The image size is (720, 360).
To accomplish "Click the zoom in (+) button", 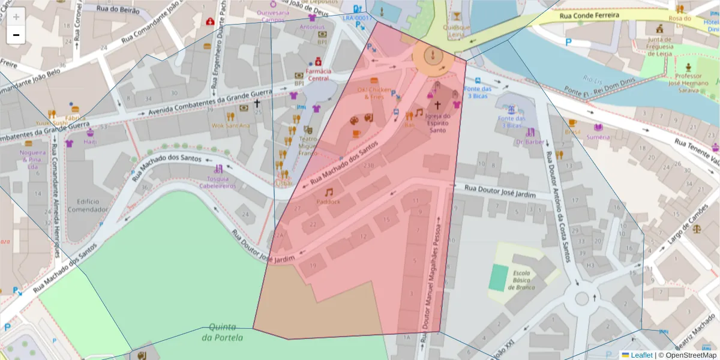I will (16, 17).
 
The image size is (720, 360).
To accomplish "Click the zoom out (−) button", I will (16, 35).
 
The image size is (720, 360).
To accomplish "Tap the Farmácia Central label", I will (318, 74).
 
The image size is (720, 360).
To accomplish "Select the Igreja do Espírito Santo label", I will (437, 123).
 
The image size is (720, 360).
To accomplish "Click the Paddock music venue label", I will (328, 201).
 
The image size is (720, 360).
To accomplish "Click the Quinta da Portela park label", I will (223, 332).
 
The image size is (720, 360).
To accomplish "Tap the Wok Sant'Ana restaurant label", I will (230, 125).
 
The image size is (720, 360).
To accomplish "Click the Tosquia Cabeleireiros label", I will (218, 182).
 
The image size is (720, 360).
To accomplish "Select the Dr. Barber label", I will (530, 142).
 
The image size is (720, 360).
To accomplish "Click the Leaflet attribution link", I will (641, 355).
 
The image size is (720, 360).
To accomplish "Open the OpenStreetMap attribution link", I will (687, 355).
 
